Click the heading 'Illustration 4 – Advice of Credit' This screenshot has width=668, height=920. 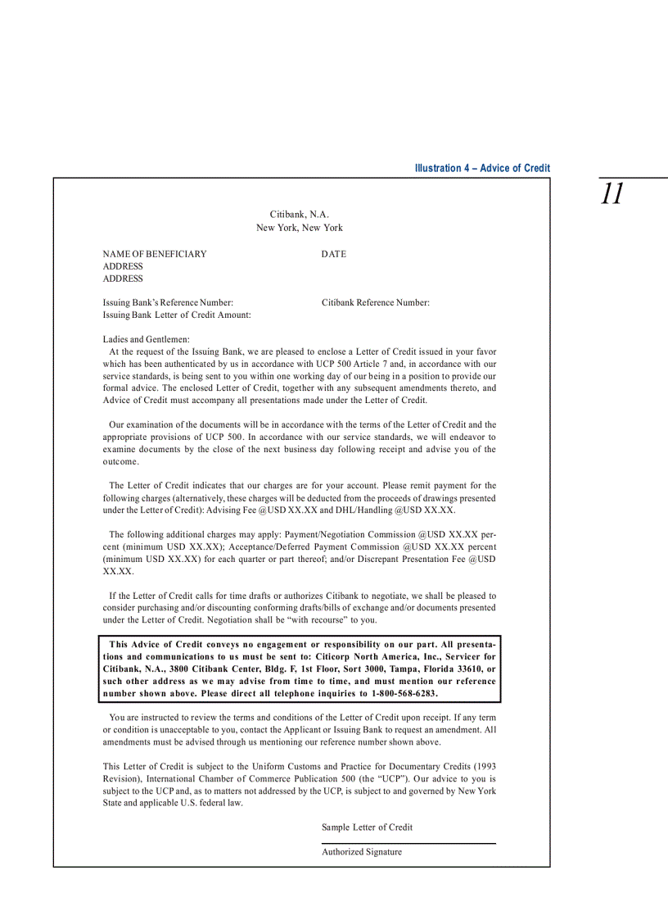tap(482, 168)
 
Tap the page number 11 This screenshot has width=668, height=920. tap(612, 194)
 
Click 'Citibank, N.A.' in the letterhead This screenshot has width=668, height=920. tap(300, 215)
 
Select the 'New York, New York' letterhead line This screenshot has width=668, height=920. tap(300, 228)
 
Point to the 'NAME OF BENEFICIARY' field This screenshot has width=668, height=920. tap(155, 254)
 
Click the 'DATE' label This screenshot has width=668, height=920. tap(334, 254)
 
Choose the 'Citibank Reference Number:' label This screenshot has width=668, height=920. tap(376, 303)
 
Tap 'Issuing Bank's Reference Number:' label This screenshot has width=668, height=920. tap(168, 303)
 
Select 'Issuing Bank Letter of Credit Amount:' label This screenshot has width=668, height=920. tap(177, 315)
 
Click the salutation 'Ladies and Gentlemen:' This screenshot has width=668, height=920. tap(147, 339)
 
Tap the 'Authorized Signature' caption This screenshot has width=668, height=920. tap(362, 852)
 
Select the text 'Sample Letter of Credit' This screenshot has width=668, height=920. tap(367, 827)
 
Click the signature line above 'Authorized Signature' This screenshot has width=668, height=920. tap(408, 843)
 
